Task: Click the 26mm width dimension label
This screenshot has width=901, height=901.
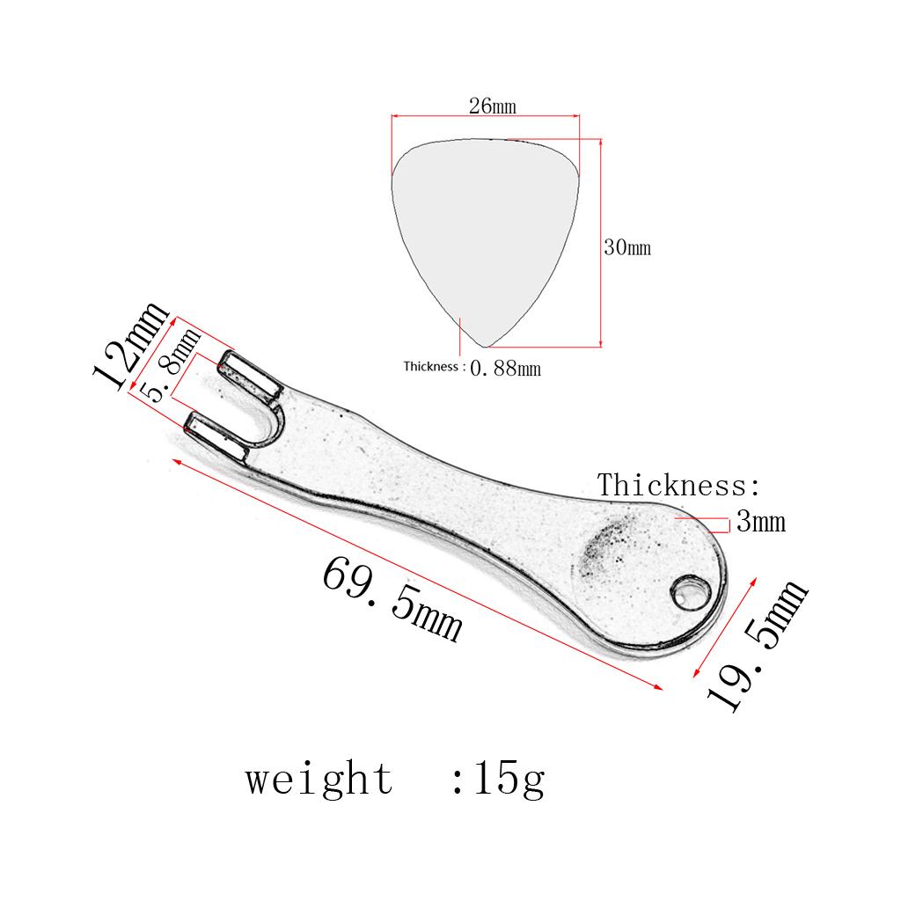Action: pos(492,106)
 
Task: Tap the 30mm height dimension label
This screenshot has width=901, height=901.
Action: pos(626,247)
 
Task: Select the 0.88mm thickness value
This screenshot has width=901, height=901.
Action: pos(505,368)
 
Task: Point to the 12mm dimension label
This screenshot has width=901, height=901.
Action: pos(130,346)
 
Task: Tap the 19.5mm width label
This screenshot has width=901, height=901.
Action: pos(757,647)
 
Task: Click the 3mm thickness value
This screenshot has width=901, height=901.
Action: pos(760,523)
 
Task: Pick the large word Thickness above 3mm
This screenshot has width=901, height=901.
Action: pos(678,485)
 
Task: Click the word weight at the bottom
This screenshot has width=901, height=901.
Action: pos(319,779)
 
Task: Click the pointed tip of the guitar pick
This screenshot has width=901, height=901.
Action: pos(480,344)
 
